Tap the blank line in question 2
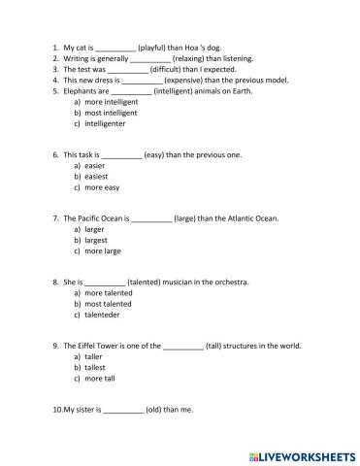(x=149, y=58)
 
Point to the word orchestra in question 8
(x=229, y=282)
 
